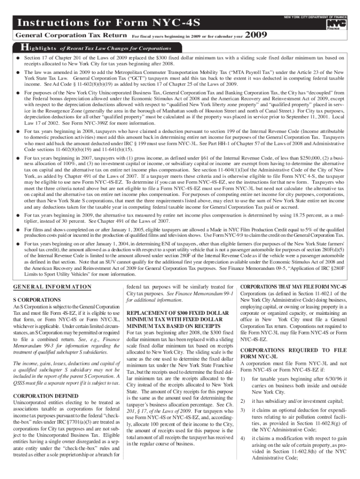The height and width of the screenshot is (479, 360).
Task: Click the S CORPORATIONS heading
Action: point(37,298)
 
